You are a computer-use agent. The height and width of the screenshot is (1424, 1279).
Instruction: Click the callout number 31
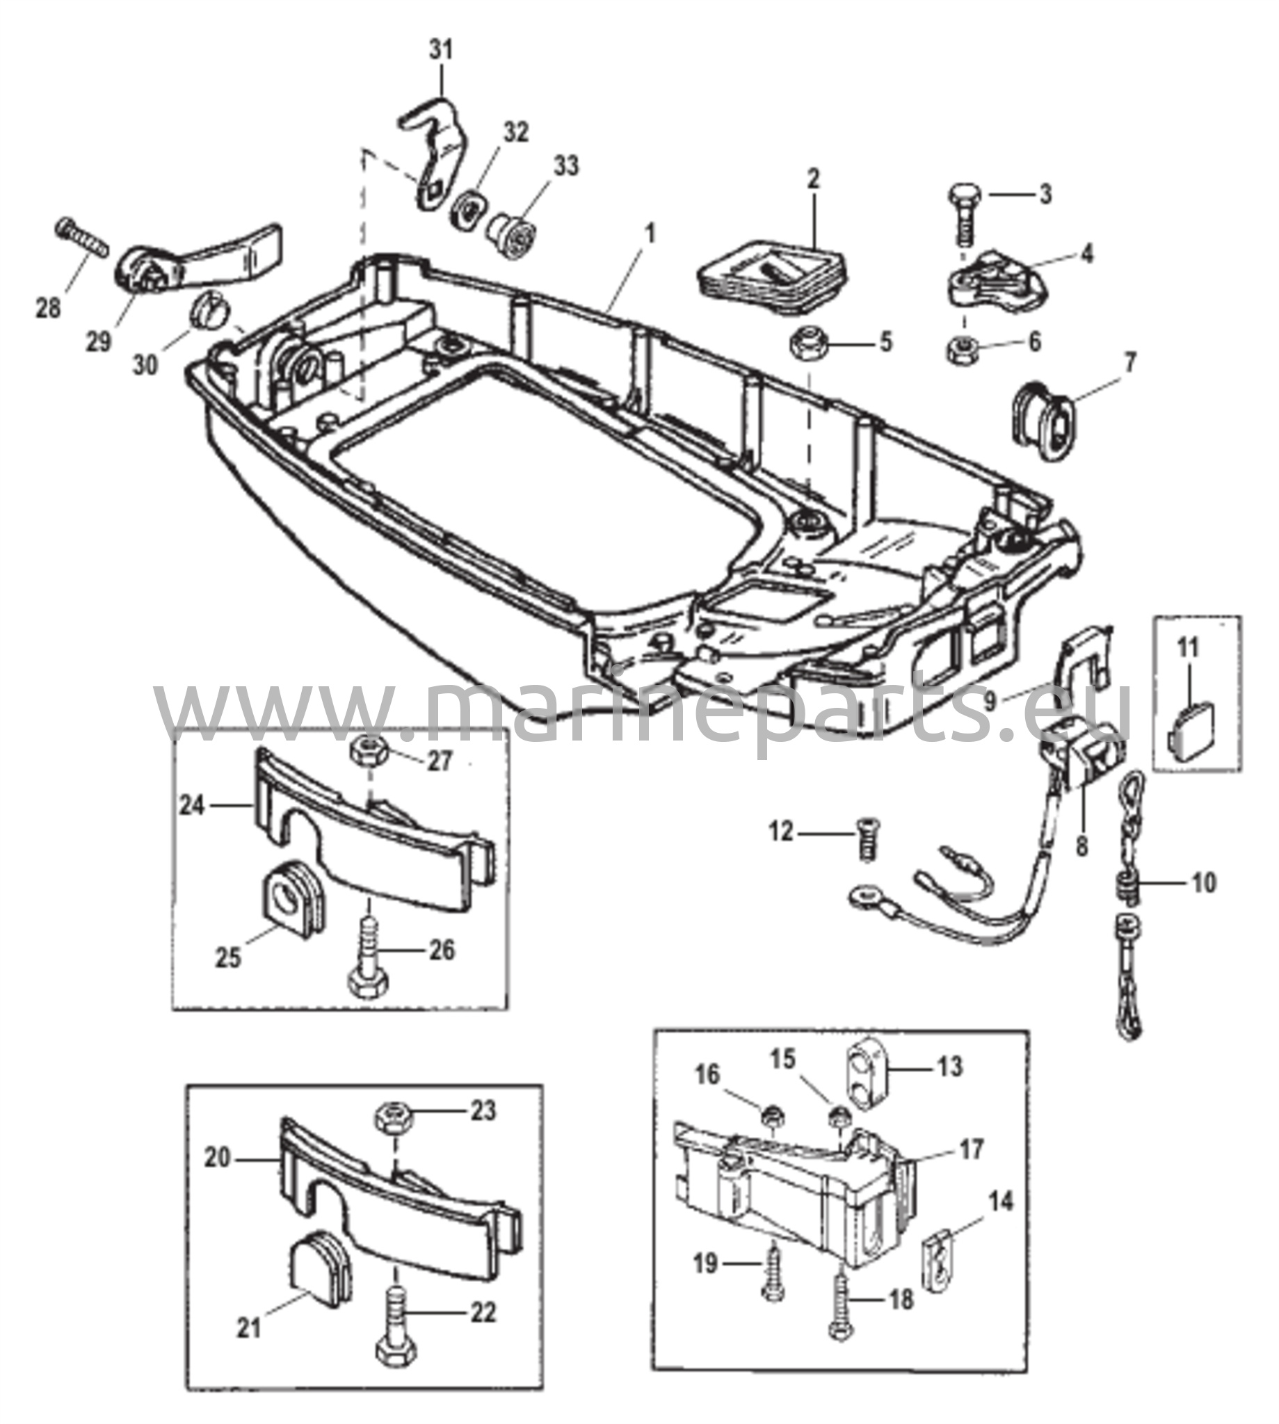point(442,51)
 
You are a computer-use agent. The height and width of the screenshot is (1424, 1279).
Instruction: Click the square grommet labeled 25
point(290,897)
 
